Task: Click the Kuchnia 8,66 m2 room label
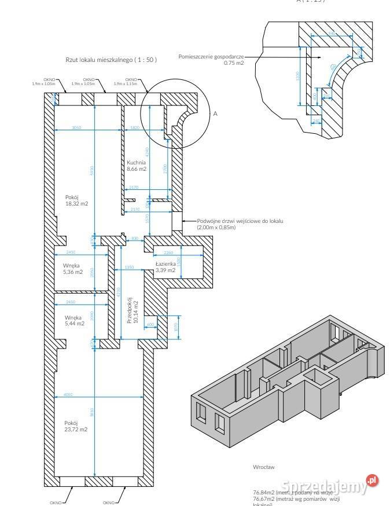137,166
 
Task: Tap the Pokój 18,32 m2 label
76,200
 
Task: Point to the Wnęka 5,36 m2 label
73,269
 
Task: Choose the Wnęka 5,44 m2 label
73,320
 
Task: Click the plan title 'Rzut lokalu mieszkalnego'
111,60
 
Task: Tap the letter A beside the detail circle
215,114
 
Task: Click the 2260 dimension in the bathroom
168,252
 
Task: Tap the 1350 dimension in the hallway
130,267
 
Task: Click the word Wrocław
263,466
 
